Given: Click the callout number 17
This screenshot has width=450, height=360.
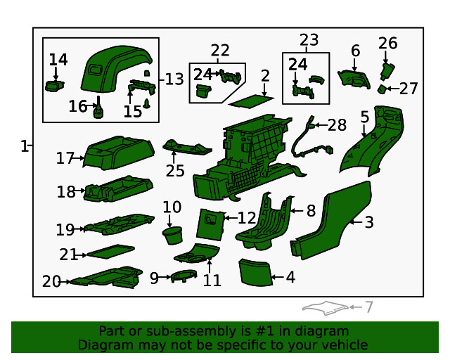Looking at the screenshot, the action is [x=65, y=158].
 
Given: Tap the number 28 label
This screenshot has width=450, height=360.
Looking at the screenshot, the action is [x=337, y=125].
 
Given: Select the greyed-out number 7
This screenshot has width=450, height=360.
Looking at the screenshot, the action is [x=368, y=307].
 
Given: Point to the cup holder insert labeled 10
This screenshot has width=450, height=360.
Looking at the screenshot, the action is [x=172, y=235].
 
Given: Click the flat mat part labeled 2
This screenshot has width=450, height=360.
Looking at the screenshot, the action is [x=251, y=101].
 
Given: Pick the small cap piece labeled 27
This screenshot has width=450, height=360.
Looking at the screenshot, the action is [x=381, y=89].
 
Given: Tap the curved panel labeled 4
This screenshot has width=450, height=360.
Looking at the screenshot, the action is [x=255, y=272].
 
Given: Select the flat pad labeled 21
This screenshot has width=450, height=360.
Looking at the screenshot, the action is [x=110, y=252].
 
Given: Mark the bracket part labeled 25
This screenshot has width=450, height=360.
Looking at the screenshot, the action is [x=187, y=148].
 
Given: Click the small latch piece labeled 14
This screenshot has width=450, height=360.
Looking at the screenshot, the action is [x=54, y=86].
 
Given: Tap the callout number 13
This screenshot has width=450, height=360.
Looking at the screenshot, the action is [x=174, y=79].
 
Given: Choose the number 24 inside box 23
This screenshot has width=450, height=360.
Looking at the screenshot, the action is [x=298, y=64].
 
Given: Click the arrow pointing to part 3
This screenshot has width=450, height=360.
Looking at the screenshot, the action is [x=356, y=222].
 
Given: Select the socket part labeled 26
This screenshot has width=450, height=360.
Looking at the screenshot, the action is [x=387, y=72].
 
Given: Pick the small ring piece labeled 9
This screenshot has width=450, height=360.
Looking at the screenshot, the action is [x=184, y=276].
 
